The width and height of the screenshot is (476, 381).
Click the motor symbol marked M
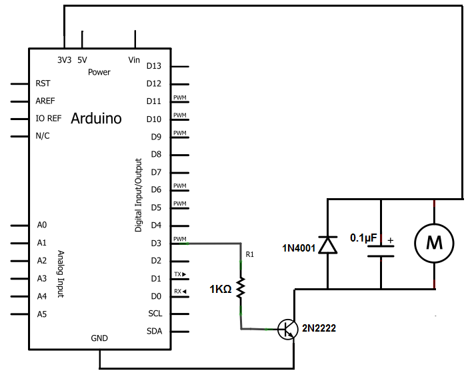(x=434, y=244)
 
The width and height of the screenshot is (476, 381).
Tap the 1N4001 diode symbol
(x=327, y=245)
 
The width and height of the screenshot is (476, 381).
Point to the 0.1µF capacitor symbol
(x=381, y=251)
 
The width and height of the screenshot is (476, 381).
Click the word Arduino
(x=96, y=119)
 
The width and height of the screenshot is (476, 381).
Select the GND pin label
(x=99, y=338)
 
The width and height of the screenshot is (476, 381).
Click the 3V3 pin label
(x=64, y=60)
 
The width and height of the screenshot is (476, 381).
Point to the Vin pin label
(x=134, y=60)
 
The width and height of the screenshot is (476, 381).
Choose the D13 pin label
(x=154, y=66)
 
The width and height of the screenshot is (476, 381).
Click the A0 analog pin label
(x=42, y=226)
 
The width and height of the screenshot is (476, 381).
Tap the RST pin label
(x=43, y=84)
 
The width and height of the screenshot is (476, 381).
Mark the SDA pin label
(x=154, y=332)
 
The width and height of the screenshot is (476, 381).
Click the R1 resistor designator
(x=250, y=254)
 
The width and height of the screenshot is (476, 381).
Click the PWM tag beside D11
(x=179, y=98)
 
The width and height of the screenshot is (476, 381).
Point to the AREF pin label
(x=45, y=101)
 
